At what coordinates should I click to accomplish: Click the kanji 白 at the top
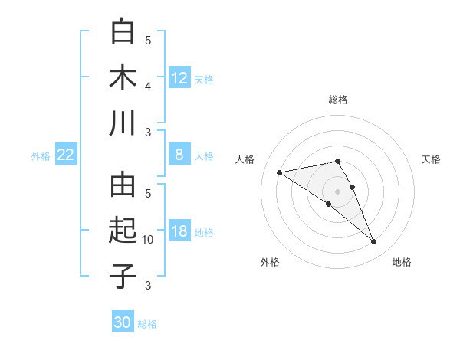pos(123,32)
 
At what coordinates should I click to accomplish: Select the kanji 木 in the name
pos(123,77)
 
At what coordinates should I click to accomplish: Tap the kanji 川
pos(123,123)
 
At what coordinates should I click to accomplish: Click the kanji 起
pos(123,231)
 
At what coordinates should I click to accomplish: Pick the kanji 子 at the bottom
pos(123,276)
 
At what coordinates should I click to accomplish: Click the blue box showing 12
pos(179,77)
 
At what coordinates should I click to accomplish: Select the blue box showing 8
pos(179,155)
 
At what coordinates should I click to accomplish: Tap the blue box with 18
pos(179,231)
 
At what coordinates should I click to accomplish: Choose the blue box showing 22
pos(65,155)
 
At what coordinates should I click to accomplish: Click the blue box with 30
pos(123,322)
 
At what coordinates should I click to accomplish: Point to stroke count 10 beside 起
pos(148,240)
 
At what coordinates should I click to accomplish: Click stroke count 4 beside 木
pos(148,87)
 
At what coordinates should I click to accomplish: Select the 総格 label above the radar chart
pos(338,100)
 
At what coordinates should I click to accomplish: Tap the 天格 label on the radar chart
pos(432,159)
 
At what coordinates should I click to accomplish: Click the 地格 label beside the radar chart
pos(402,262)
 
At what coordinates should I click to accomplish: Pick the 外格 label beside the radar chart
pos(270,262)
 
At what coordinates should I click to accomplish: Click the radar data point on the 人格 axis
pos(280,172)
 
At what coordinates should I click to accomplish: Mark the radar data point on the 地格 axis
pos(374,242)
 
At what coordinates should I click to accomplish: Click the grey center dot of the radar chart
pos(338,191)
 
